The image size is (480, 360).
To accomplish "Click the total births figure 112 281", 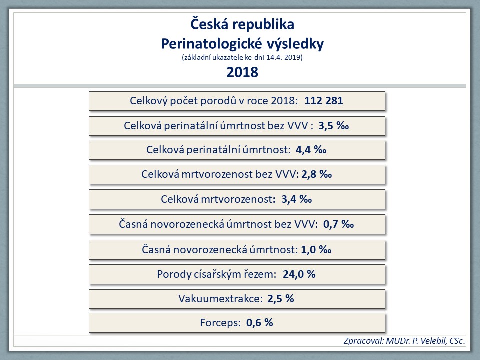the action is click(x=324, y=101).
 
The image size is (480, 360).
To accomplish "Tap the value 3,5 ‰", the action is click(x=333, y=126).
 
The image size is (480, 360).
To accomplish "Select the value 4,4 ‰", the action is click(x=311, y=150).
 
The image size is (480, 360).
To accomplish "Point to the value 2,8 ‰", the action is click(x=317, y=174).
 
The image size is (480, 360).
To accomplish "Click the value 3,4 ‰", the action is click(x=296, y=199).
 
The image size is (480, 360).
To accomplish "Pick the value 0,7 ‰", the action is click(x=338, y=224).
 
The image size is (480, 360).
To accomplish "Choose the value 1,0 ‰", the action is click(x=316, y=250).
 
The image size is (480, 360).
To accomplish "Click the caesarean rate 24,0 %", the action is click(x=299, y=274).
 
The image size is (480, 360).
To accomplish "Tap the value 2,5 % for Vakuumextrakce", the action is click(x=280, y=299).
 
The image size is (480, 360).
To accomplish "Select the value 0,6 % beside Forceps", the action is click(x=259, y=323).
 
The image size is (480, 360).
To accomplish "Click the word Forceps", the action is click(x=220, y=323).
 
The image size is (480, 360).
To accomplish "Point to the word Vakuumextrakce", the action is click(x=220, y=299).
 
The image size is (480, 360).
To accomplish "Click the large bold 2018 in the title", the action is click(x=242, y=72).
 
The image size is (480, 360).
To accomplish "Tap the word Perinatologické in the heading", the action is click(x=207, y=44).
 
